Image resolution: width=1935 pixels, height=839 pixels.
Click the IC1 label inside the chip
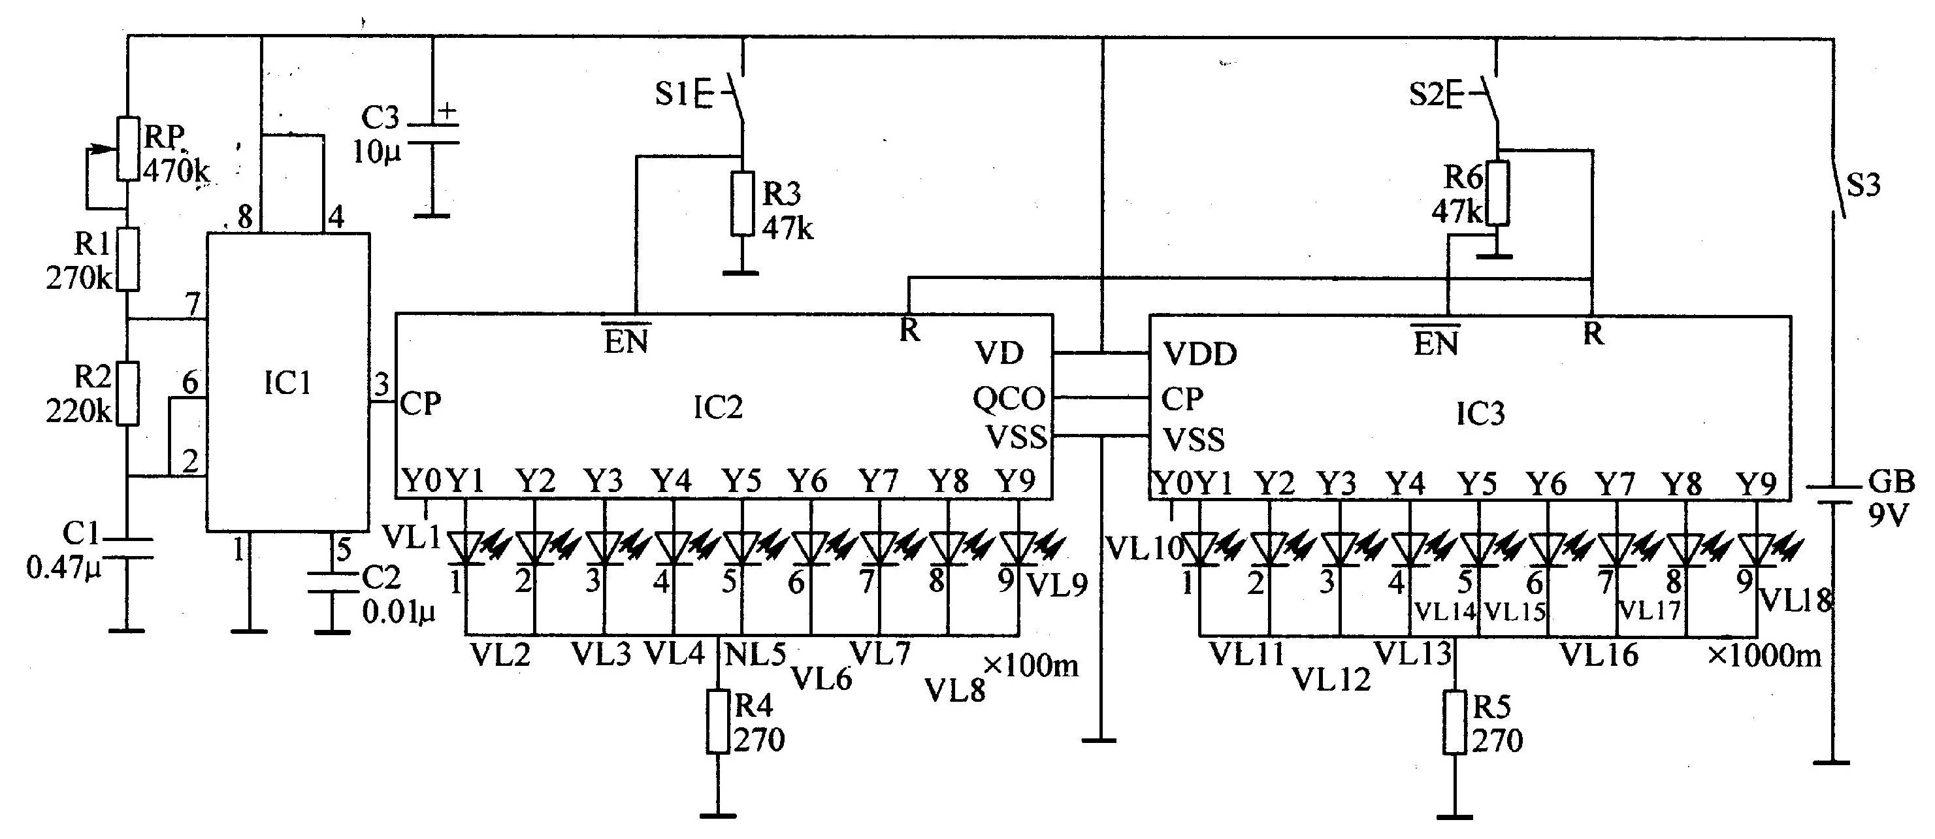[287, 385]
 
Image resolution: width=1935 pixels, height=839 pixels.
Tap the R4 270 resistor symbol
[718, 722]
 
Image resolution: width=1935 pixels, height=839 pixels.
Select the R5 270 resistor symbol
[1455, 722]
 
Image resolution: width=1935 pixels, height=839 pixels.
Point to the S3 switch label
[1864, 185]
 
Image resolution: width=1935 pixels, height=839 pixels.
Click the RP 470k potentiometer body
[129, 149]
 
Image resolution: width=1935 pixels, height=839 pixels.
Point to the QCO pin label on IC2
[1009, 398]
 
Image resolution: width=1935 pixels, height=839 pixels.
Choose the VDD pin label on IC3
[1199, 354]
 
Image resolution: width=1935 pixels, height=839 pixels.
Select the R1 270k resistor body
[129, 259]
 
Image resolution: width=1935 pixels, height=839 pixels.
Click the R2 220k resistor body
[129, 393]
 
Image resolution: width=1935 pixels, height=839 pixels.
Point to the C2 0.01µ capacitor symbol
[331, 584]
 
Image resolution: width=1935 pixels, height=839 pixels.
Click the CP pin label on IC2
[421, 404]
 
